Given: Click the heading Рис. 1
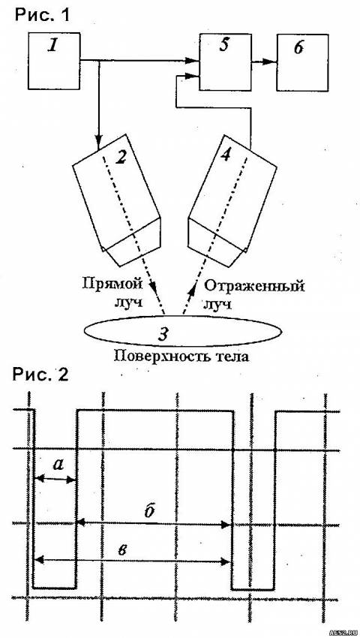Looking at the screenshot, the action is (x=42, y=15).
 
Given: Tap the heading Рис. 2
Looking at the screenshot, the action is (x=40, y=375).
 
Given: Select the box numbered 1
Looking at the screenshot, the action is (x=54, y=61).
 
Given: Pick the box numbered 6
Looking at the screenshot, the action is (x=302, y=62).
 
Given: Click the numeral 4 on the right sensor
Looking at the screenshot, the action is (x=226, y=153).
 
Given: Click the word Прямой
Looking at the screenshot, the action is (x=112, y=284).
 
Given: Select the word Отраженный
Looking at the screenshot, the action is (x=254, y=286).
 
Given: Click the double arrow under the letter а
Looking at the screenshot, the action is (x=55, y=479).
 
